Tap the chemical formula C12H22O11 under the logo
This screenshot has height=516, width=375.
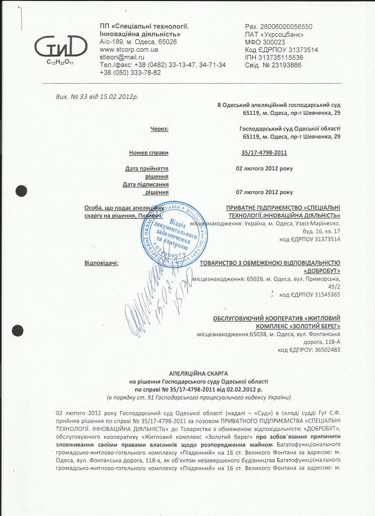(x=60, y=62)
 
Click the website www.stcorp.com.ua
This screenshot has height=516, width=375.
(x=129, y=50)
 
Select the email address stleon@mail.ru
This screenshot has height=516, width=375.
(x=122, y=57)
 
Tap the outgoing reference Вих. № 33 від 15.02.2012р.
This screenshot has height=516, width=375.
(x=97, y=95)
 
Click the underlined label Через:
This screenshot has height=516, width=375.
(x=159, y=129)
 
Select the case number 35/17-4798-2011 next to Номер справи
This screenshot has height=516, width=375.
(x=264, y=152)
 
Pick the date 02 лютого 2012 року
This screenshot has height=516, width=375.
(x=264, y=168)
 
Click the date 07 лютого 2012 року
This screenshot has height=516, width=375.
(x=264, y=192)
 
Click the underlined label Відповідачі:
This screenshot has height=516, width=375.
(x=102, y=263)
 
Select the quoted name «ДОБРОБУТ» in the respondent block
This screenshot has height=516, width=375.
(x=322, y=271)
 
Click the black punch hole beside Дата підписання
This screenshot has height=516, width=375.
(x=21, y=190)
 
